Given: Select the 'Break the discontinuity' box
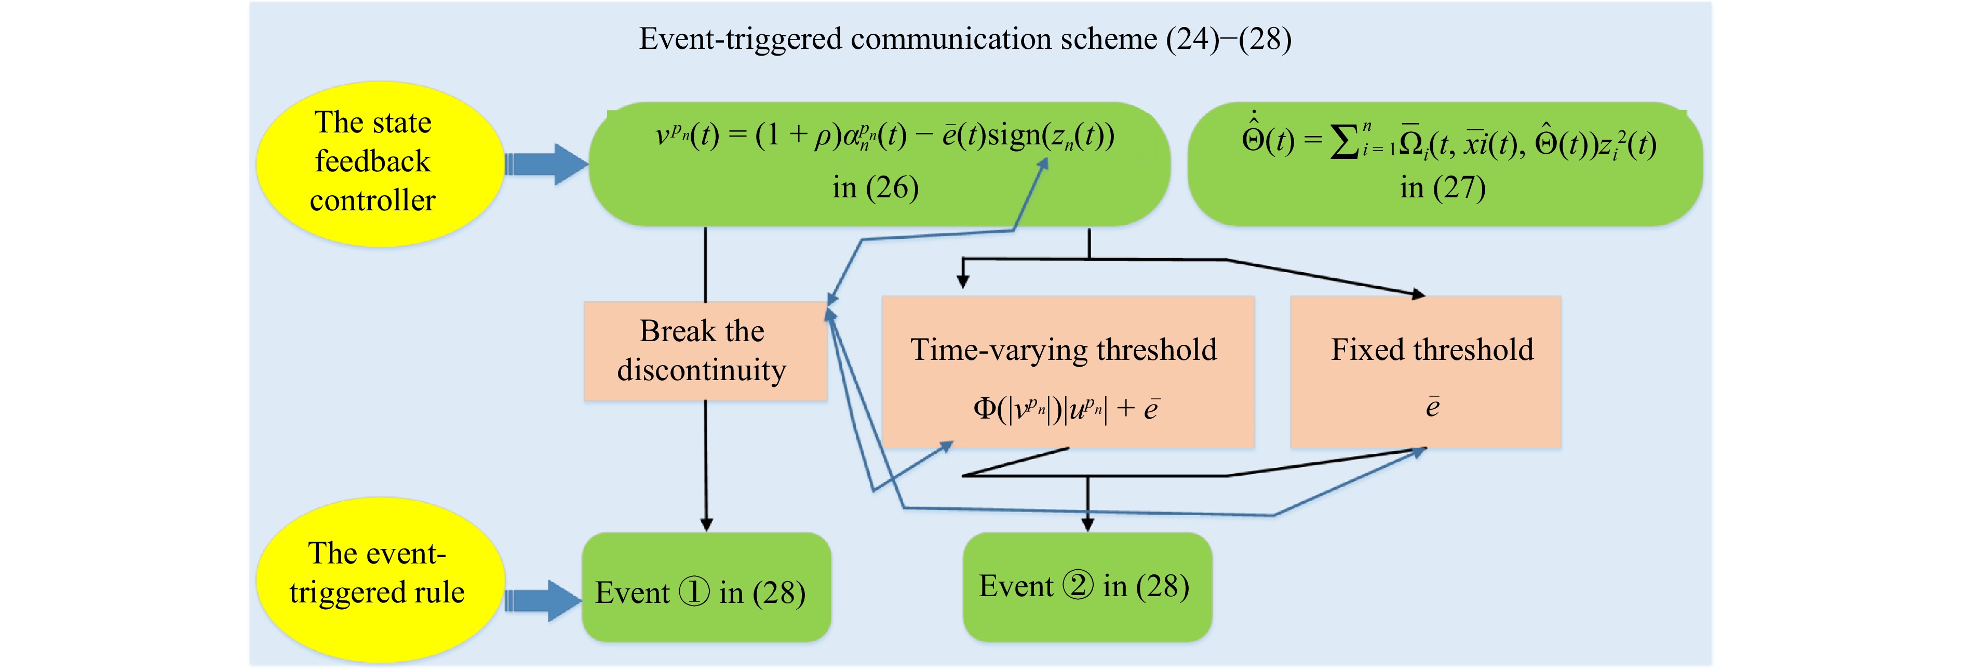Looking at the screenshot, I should pyautogui.click(x=705, y=351).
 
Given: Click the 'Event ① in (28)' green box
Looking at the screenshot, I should pyautogui.click(x=706, y=587).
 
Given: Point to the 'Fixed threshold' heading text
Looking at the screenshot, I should pyautogui.click(x=1432, y=350).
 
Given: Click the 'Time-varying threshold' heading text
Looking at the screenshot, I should pyautogui.click(x=1063, y=350).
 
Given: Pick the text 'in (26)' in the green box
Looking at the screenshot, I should pyautogui.click(x=876, y=187).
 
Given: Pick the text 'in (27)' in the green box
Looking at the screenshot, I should pyautogui.click(x=1443, y=187).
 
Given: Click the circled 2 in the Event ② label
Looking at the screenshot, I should pyautogui.click(x=1078, y=585).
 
